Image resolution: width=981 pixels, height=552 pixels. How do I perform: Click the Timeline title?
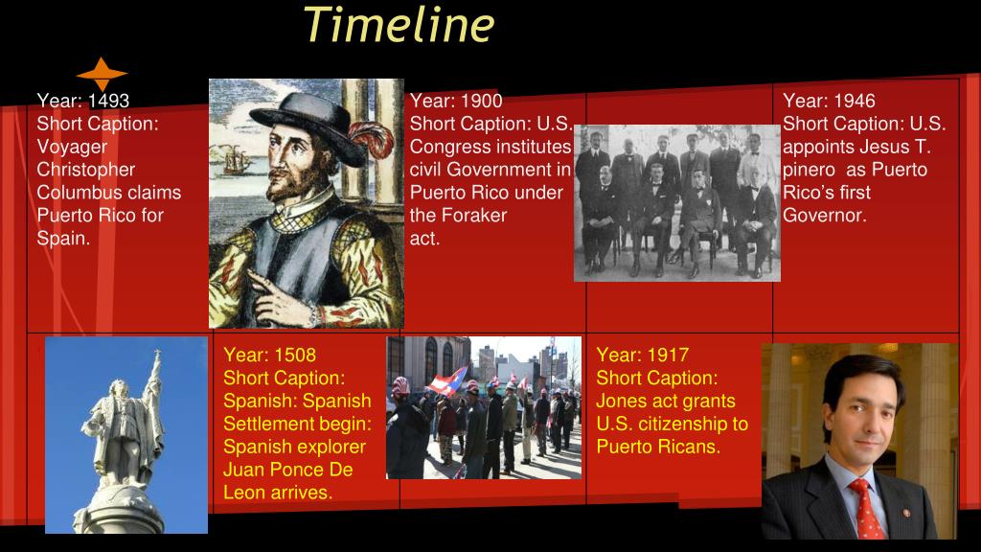[x=399, y=24]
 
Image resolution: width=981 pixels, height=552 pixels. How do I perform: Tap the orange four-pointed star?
[x=102, y=73]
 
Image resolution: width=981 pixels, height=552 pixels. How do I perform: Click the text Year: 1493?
[x=82, y=101]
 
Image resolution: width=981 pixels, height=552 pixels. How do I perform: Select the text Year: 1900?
[x=455, y=101]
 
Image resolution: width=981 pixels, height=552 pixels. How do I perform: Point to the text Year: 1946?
[x=829, y=101]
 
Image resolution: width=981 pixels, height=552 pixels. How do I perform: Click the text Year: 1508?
[x=269, y=355]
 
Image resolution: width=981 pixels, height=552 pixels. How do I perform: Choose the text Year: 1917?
[x=642, y=355]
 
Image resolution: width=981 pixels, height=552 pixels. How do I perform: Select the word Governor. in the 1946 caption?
[x=824, y=216]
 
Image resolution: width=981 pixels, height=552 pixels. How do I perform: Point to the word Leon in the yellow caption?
[x=245, y=493]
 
